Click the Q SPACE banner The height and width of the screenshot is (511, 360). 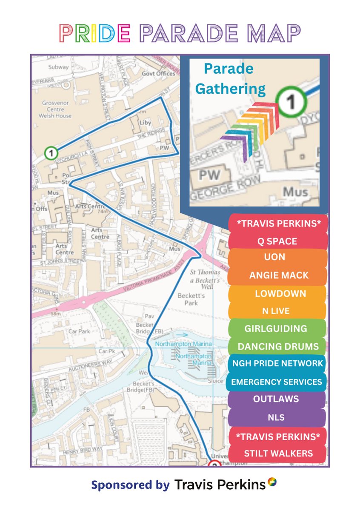tap(277, 241)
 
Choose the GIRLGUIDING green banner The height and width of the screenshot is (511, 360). tap(276, 328)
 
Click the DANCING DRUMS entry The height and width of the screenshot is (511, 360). tap(278, 347)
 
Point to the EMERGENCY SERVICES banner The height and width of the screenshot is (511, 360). tap(277, 382)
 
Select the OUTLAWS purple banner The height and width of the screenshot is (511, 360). tap(276, 399)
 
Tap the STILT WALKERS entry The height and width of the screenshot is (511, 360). tap(278, 453)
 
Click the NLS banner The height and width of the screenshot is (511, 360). tap(276, 418)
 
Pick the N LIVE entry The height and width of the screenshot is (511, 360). tap(276, 311)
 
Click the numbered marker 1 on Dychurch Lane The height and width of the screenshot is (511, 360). tap(51, 152)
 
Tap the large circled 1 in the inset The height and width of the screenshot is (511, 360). tap(291, 101)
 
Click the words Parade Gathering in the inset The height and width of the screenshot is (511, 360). tap(234, 79)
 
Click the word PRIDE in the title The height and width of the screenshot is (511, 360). tap(94, 33)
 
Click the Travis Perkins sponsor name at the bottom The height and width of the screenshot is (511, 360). tap(220, 485)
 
